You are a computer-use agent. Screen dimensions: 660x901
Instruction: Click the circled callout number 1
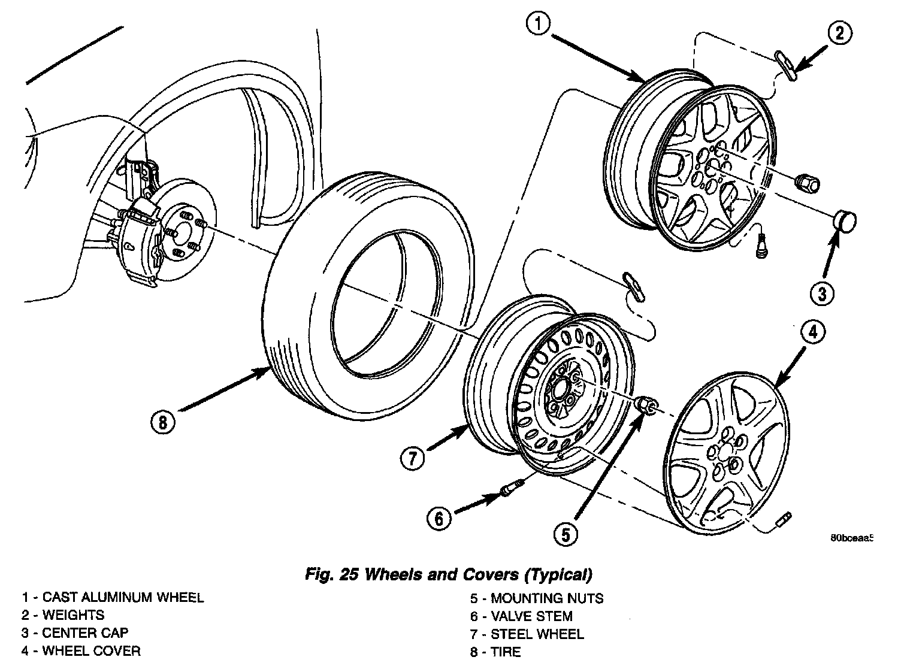pos(539,25)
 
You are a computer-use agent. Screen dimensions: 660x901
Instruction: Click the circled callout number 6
pos(440,519)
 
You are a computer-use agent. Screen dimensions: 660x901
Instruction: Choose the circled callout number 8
pos(163,422)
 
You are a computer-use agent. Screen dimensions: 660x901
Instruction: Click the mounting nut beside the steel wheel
pos(646,405)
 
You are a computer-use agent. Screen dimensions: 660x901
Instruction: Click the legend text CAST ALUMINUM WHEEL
pos(123,597)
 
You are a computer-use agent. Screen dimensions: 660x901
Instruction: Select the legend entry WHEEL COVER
pos(91,651)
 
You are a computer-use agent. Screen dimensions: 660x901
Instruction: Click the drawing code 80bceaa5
pos(851,537)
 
